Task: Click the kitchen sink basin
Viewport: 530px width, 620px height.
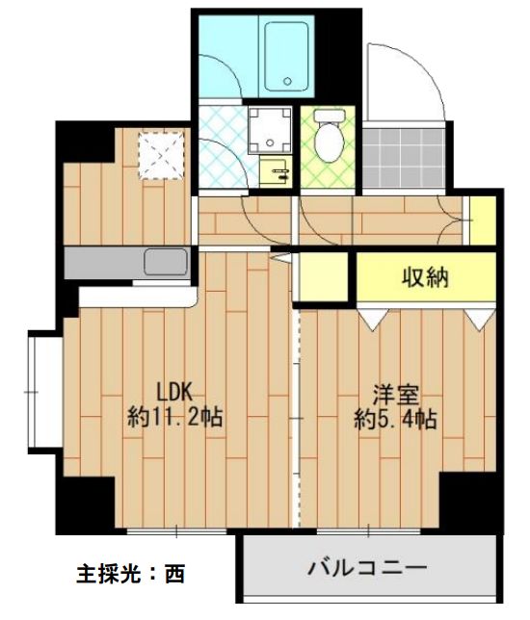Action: click(166, 261)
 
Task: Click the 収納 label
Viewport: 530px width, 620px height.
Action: click(425, 278)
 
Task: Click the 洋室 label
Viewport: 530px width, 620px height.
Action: click(395, 395)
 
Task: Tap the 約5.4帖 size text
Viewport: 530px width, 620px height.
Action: click(395, 419)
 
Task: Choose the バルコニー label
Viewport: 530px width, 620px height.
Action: click(366, 567)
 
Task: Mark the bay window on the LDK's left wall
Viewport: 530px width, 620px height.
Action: click(40, 391)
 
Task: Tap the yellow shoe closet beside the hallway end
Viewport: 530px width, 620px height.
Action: click(481, 219)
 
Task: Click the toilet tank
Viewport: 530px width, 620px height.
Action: click(327, 119)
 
